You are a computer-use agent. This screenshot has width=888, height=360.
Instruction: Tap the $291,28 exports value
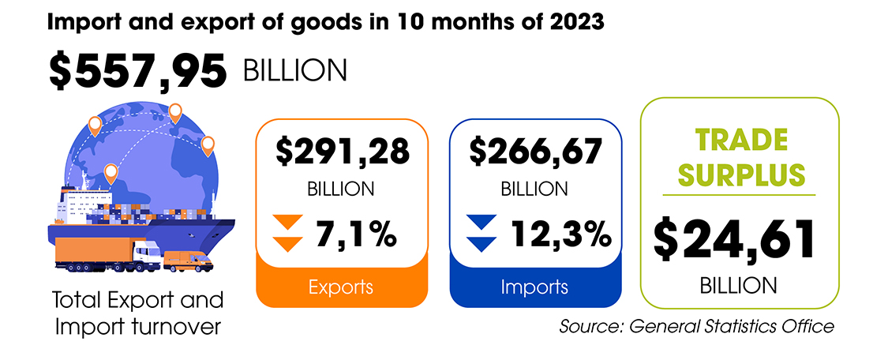(343, 152)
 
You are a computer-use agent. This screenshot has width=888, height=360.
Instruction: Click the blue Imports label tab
(535, 287)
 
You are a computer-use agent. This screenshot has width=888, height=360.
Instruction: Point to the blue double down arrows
(481, 233)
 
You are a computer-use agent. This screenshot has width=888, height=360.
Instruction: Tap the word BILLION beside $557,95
(294, 72)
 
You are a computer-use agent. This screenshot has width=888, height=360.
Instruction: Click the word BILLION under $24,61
(739, 285)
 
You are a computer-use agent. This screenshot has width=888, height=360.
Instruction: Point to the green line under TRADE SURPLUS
(739, 194)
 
